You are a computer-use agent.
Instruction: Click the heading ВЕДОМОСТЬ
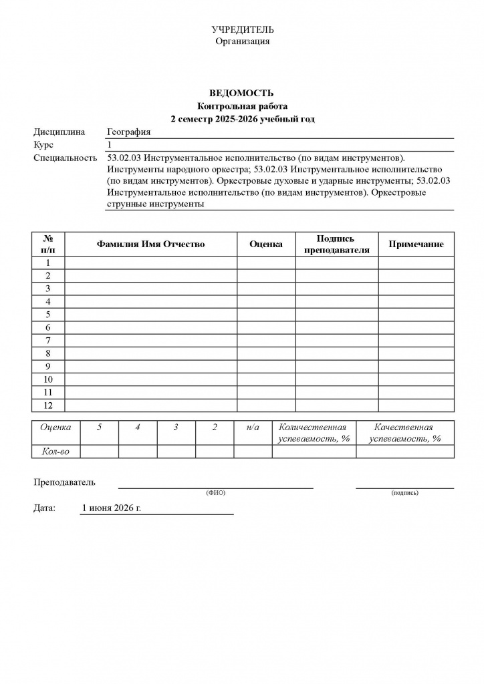(242, 94)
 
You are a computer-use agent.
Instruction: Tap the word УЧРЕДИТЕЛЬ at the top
(243, 30)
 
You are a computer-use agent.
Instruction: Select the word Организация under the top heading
(243, 41)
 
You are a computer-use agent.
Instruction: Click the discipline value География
(129, 132)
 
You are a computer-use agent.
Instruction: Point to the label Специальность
(66, 158)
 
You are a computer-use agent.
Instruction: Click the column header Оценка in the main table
(266, 244)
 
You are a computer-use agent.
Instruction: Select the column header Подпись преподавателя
(337, 244)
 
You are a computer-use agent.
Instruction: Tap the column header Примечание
(416, 244)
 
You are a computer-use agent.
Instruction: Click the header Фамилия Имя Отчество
(150, 244)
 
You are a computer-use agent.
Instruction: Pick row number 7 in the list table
(48, 341)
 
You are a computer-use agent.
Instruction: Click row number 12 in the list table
(48, 405)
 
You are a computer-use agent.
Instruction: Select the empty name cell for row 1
(150, 263)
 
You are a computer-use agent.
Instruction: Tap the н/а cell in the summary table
(253, 427)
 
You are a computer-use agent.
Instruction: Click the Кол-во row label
(56, 452)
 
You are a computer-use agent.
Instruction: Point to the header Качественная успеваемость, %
(405, 433)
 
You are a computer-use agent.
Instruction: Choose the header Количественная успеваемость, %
(314, 433)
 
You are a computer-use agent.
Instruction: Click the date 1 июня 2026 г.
(112, 508)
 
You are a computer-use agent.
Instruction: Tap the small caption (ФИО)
(216, 493)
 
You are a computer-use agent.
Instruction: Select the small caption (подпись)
(404, 493)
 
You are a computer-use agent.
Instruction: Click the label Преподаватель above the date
(65, 482)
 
